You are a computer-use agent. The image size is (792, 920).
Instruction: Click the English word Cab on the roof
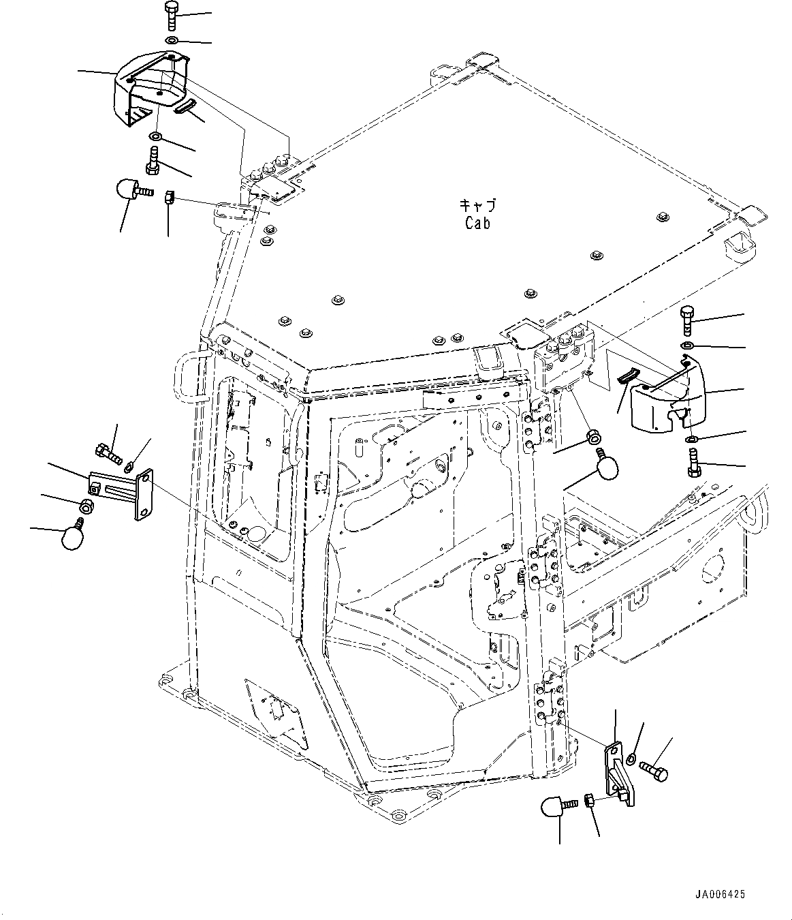(477, 222)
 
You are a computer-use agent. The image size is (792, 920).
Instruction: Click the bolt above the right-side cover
(686, 320)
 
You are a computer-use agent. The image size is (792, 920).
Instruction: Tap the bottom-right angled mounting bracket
(620, 773)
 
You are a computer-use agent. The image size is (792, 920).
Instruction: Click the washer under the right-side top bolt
(687, 348)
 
